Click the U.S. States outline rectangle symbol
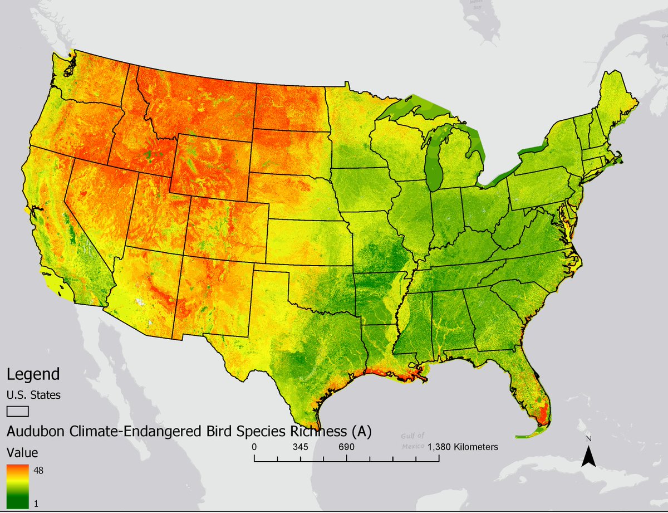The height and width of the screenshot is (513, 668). click(x=18, y=411)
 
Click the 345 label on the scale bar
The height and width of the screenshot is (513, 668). click(x=301, y=447)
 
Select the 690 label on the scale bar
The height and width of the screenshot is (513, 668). click(x=346, y=447)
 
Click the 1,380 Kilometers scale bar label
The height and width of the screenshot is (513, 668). click(x=463, y=447)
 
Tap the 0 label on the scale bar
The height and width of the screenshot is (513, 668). click(x=254, y=447)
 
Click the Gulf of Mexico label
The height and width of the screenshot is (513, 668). click(x=412, y=441)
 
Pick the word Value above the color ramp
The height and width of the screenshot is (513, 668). click(x=22, y=452)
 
